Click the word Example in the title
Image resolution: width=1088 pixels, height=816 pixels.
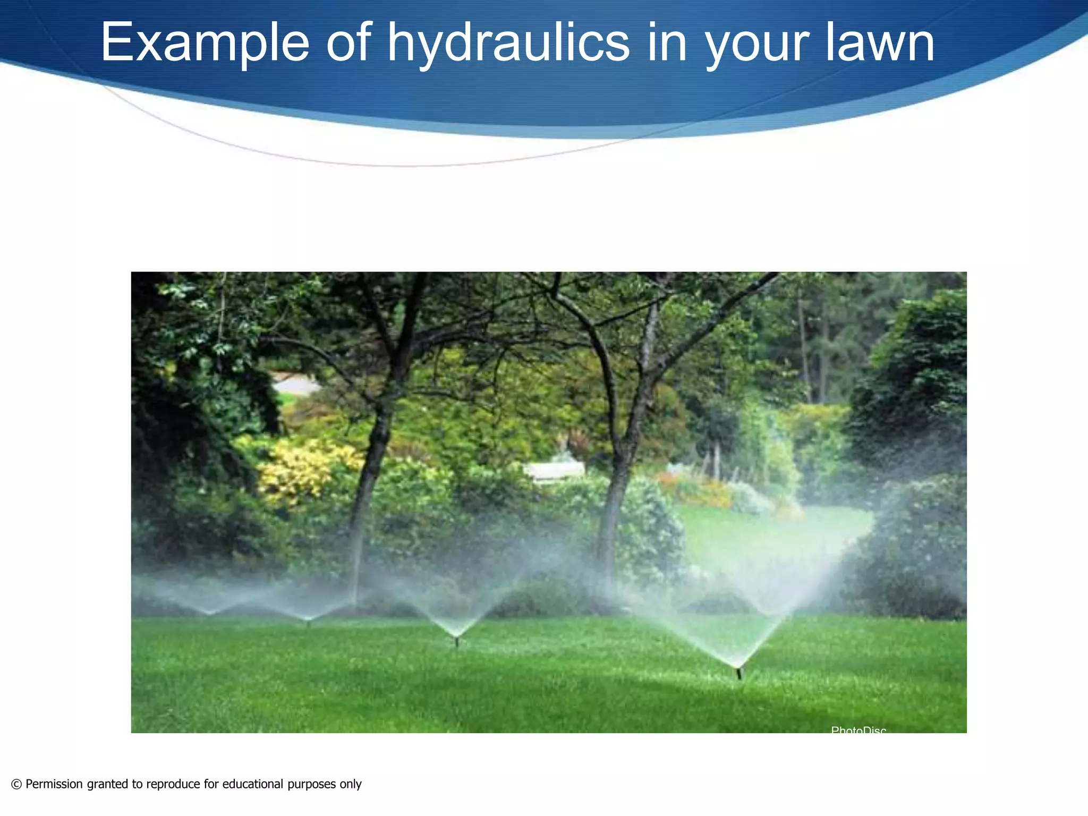[x=205, y=42]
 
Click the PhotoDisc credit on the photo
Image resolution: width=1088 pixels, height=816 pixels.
[x=858, y=730]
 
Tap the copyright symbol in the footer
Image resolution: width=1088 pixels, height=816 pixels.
[x=16, y=784]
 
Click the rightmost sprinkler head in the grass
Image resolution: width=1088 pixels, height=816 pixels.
[x=738, y=673]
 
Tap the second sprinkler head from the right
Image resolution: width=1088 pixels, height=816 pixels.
[x=456, y=642]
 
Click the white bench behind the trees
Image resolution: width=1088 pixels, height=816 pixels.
[x=554, y=470]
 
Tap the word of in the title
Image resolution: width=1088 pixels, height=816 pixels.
[x=348, y=42]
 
